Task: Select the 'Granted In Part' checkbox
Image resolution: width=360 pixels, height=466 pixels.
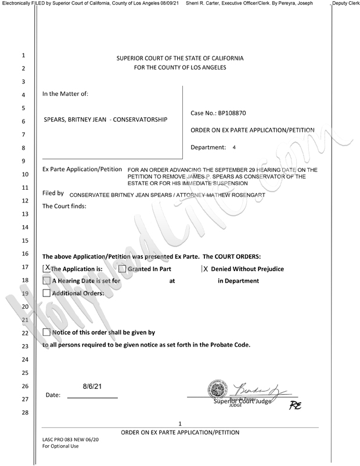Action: [122, 269]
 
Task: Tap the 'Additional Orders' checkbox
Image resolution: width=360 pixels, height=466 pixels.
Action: [46, 294]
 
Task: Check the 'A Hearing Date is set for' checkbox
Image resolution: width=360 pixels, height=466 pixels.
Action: [46, 281]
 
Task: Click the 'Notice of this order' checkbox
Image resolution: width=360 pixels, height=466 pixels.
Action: [46, 333]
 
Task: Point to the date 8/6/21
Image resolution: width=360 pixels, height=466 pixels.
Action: [92, 384]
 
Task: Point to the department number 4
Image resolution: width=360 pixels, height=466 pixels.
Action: [234, 148]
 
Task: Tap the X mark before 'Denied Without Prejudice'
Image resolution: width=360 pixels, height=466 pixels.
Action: [204, 269]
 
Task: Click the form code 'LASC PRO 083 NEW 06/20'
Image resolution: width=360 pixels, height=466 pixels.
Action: [71, 439]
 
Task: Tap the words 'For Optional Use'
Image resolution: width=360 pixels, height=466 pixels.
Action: [60, 446]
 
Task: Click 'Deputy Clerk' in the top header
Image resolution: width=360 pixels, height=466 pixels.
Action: [345, 3]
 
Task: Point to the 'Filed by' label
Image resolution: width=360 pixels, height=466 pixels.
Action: [53, 193]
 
